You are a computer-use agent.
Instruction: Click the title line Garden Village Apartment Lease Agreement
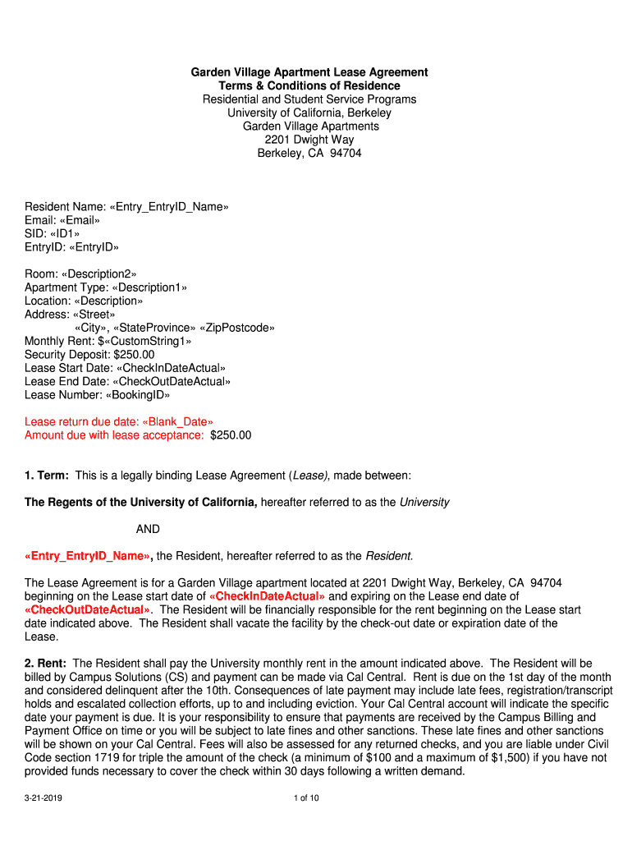pyautogui.click(x=309, y=72)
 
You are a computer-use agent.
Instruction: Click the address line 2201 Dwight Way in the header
pyautogui.click(x=309, y=140)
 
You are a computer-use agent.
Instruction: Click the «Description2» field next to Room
pyautogui.click(x=102, y=273)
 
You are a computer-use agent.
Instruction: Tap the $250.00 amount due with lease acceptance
pyautogui.click(x=231, y=435)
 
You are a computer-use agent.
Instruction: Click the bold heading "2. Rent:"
pyautogui.click(x=47, y=663)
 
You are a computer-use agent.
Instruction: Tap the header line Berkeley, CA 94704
pyautogui.click(x=309, y=154)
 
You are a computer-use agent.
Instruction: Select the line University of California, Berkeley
pyautogui.click(x=309, y=113)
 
